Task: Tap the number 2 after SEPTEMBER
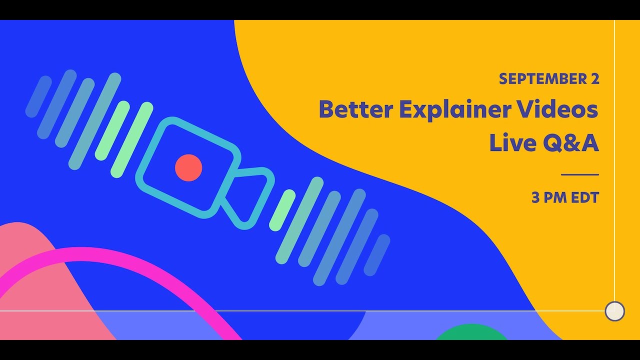pyautogui.click(x=594, y=79)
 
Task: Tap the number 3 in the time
pyautogui.click(x=535, y=198)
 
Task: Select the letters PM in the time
pyautogui.click(x=555, y=198)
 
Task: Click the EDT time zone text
pyautogui.click(x=584, y=198)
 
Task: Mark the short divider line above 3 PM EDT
pyautogui.click(x=580, y=175)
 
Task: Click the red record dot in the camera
pyautogui.click(x=188, y=167)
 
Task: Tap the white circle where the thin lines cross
pyautogui.click(x=614, y=311)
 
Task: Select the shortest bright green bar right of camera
pyautogui.click(x=282, y=210)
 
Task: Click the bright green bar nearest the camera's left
pyautogui.click(x=132, y=139)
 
